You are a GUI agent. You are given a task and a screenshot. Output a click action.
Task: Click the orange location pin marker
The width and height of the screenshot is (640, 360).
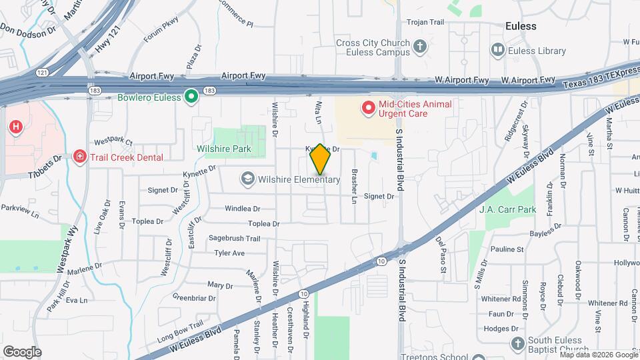[x=320, y=159]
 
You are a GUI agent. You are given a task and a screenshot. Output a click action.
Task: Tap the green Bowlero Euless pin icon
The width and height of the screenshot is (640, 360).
[x=191, y=97]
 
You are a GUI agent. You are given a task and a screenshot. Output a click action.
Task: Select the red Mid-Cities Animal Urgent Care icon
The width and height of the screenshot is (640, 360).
[x=367, y=107]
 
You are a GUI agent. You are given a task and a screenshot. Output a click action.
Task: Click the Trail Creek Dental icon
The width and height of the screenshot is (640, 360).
[x=79, y=157]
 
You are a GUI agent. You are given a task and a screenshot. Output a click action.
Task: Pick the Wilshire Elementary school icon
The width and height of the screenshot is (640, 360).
[x=248, y=179]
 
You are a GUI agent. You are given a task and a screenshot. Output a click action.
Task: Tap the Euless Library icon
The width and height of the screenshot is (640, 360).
[x=497, y=50]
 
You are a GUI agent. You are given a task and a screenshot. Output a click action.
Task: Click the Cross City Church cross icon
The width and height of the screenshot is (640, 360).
[x=420, y=47]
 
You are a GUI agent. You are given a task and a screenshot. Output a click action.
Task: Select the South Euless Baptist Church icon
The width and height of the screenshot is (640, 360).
[x=518, y=343]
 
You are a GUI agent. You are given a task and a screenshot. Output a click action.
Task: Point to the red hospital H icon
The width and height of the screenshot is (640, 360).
[x=15, y=126]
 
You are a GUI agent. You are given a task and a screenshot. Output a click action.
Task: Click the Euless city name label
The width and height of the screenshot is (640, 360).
[x=521, y=26]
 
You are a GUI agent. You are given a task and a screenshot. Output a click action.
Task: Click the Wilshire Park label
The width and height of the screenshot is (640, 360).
[x=223, y=149]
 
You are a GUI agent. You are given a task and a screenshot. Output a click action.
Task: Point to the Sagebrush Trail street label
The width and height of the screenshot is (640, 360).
[x=234, y=238]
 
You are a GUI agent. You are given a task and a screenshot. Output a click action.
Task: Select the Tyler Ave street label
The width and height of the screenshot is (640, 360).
[x=229, y=253]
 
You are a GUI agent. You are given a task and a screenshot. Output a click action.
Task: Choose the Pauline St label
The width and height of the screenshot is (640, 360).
[x=507, y=249]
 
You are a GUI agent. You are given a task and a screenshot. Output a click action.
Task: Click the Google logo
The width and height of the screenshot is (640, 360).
[x=22, y=351]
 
